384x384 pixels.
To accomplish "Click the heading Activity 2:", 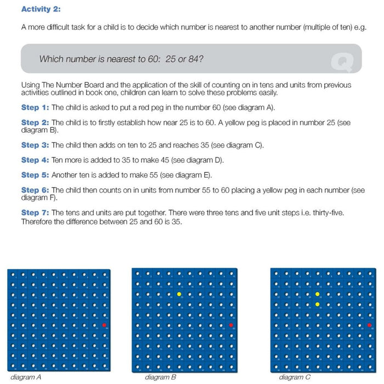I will [41, 9].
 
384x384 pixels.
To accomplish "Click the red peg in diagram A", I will [104, 325].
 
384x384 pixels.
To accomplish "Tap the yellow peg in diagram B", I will [179, 295].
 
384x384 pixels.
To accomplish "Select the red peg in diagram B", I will [231, 325].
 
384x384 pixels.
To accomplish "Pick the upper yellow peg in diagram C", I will [317, 295].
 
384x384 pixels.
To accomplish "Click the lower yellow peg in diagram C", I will [317, 304].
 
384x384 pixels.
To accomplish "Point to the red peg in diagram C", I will [369, 325].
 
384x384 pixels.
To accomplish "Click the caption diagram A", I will [26, 377].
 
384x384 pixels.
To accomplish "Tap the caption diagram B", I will [161, 377].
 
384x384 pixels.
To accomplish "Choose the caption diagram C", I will [294, 377].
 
